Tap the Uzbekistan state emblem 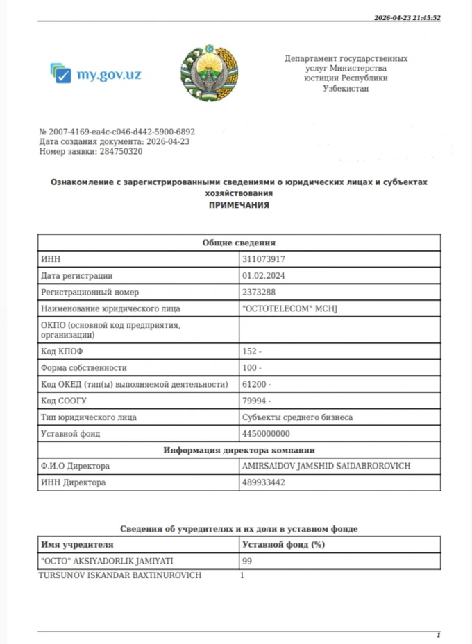click(x=209, y=73)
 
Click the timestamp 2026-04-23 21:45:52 click(x=407, y=18)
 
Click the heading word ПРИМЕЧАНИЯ click(x=239, y=206)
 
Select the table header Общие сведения click(x=239, y=243)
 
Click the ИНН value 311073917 click(x=264, y=259)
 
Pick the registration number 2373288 click(x=259, y=293)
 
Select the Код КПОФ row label click(x=62, y=351)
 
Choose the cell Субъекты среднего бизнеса click(x=297, y=417)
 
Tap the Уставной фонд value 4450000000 click(x=266, y=434)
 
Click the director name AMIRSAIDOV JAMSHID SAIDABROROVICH click(x=326, y=466)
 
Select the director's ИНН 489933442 click(x=264, y=482)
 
